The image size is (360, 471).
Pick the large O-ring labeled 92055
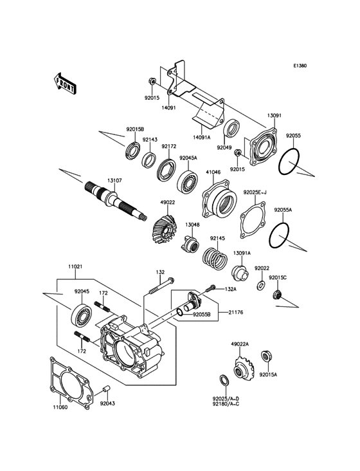point(293,162)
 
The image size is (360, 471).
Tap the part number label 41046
point(213,172)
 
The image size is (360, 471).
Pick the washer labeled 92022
point(262,284)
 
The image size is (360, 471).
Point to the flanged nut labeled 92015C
point(278,295)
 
